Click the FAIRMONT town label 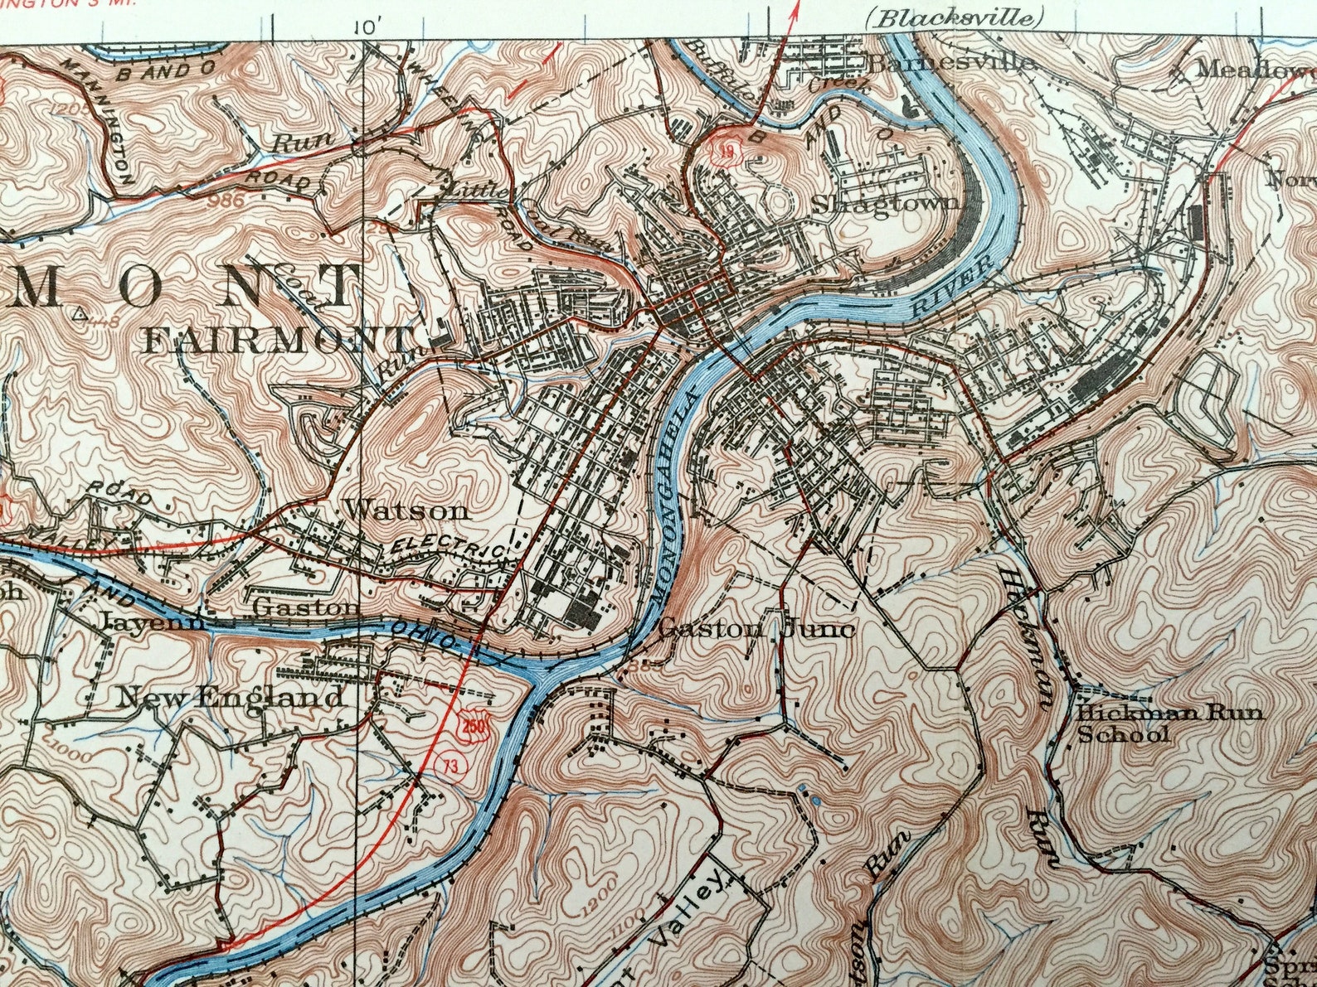(278, 339)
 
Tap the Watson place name (406, 510)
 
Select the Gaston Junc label (756, 629)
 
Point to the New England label (230, 697)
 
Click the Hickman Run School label (1169, 723)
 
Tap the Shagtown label (885, 203)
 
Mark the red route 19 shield (726, 152)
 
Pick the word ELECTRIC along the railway (447, 548)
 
